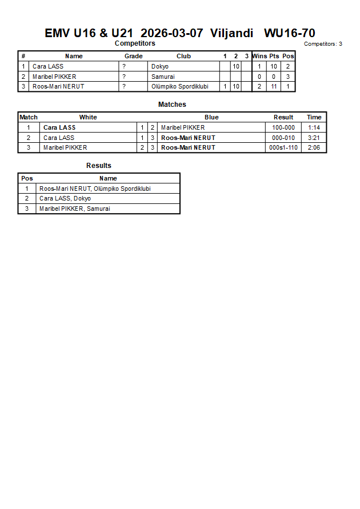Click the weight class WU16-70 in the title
[x=289, y=33]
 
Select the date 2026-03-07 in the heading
[x=171, y=33]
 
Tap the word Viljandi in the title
[x=231, y=33]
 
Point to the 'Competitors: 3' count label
[x=323, y=44]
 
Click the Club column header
[x=183, y=56]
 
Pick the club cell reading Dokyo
[x=160, y=66]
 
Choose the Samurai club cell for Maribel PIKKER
[x=163, y=77]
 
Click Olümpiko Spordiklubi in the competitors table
[x=180, y=86]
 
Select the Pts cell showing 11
[x=274, y=86]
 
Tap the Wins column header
[x=259, y=56]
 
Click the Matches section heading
[x=172, y=105]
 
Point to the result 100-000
[x=283, y=127]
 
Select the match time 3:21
[x=314, y=138]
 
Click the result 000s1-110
[x=283, y=147]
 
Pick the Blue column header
[x=211, y=117]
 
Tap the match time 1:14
[x=314, y=127]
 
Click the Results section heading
[x=99, y=166]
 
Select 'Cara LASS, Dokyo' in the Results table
[x=65, y=198]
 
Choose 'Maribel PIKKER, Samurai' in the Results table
[x=75, y=209]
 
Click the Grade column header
[x=134, y=56]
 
